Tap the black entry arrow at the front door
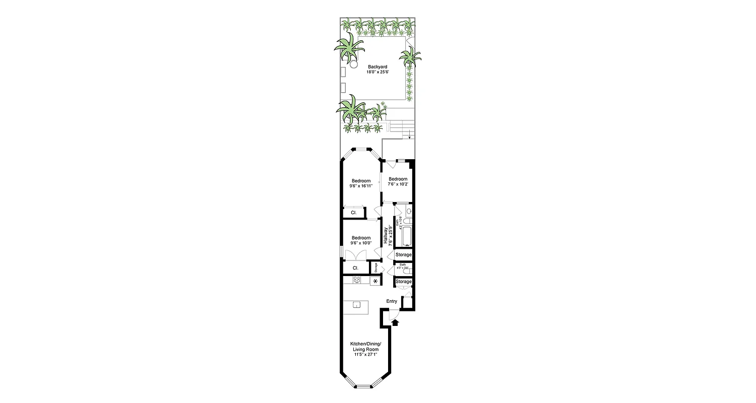click(x=395, y=323)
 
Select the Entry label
click(x=392, y=301)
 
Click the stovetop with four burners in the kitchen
click(x=357, y=280)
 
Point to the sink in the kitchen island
click(x=356, y=304)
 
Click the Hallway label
click(x=386, y=236)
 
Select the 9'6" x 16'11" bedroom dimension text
click(x=361, y=186)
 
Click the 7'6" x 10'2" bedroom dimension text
click(x=397, y=184)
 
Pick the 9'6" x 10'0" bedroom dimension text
click(x=361, y=243)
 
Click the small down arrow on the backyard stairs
click(x=409, y=136)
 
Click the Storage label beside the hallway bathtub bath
click(x=403, y=255)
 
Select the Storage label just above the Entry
click(x=403, y=282)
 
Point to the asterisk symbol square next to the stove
click(x=375, y=281)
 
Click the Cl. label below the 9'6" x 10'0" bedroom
click(x=355, y=268)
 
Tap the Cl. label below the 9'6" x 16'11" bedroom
click(x=354, y=213)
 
